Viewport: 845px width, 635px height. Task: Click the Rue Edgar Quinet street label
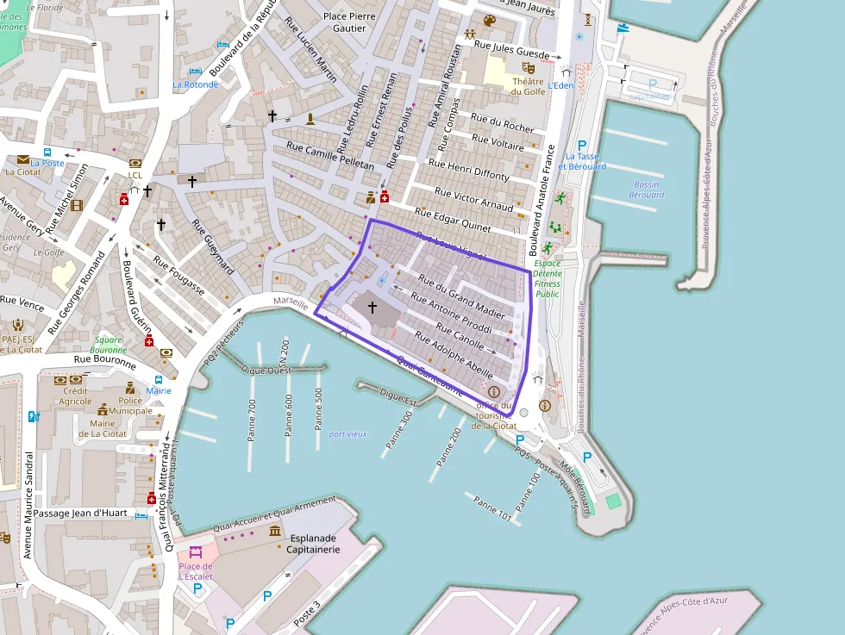[x=453, y=221]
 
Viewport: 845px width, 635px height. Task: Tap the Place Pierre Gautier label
[x=345, y=22]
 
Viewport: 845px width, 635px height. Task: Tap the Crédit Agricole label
[x=77, y=395]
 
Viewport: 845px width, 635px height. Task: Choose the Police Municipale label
[x=130, y=406]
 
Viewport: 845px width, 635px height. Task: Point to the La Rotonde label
[x=196, y=84]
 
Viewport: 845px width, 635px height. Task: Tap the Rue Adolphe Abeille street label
[x=454, y=357]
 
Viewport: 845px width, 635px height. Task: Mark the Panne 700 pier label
[x=252, y=420]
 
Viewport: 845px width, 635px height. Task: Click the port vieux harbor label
[x=347, y=434]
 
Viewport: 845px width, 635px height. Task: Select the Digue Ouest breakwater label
[x=267, y=371]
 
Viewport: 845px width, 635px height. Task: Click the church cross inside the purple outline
[x=372, y=307]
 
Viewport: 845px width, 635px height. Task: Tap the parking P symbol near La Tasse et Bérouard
[x=582, y=146]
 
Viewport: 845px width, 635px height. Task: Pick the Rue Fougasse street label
[x=178, y=276]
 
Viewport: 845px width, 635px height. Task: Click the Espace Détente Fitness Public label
[x=547, y=278]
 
